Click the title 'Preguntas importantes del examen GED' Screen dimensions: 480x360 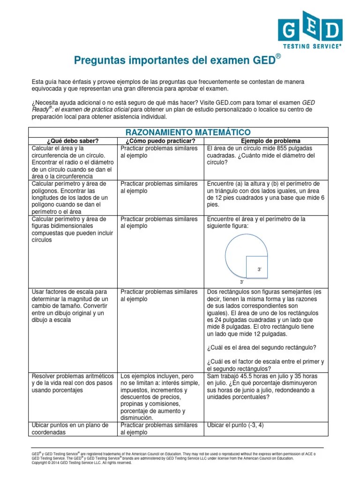(178, 60)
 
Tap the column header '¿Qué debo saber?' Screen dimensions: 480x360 (72, 141)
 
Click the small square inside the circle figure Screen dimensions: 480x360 (256, 266)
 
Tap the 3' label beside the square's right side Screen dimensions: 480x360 (259, 269)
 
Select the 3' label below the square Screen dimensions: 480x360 (242, 282)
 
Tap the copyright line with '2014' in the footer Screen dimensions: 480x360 (82, 463)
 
